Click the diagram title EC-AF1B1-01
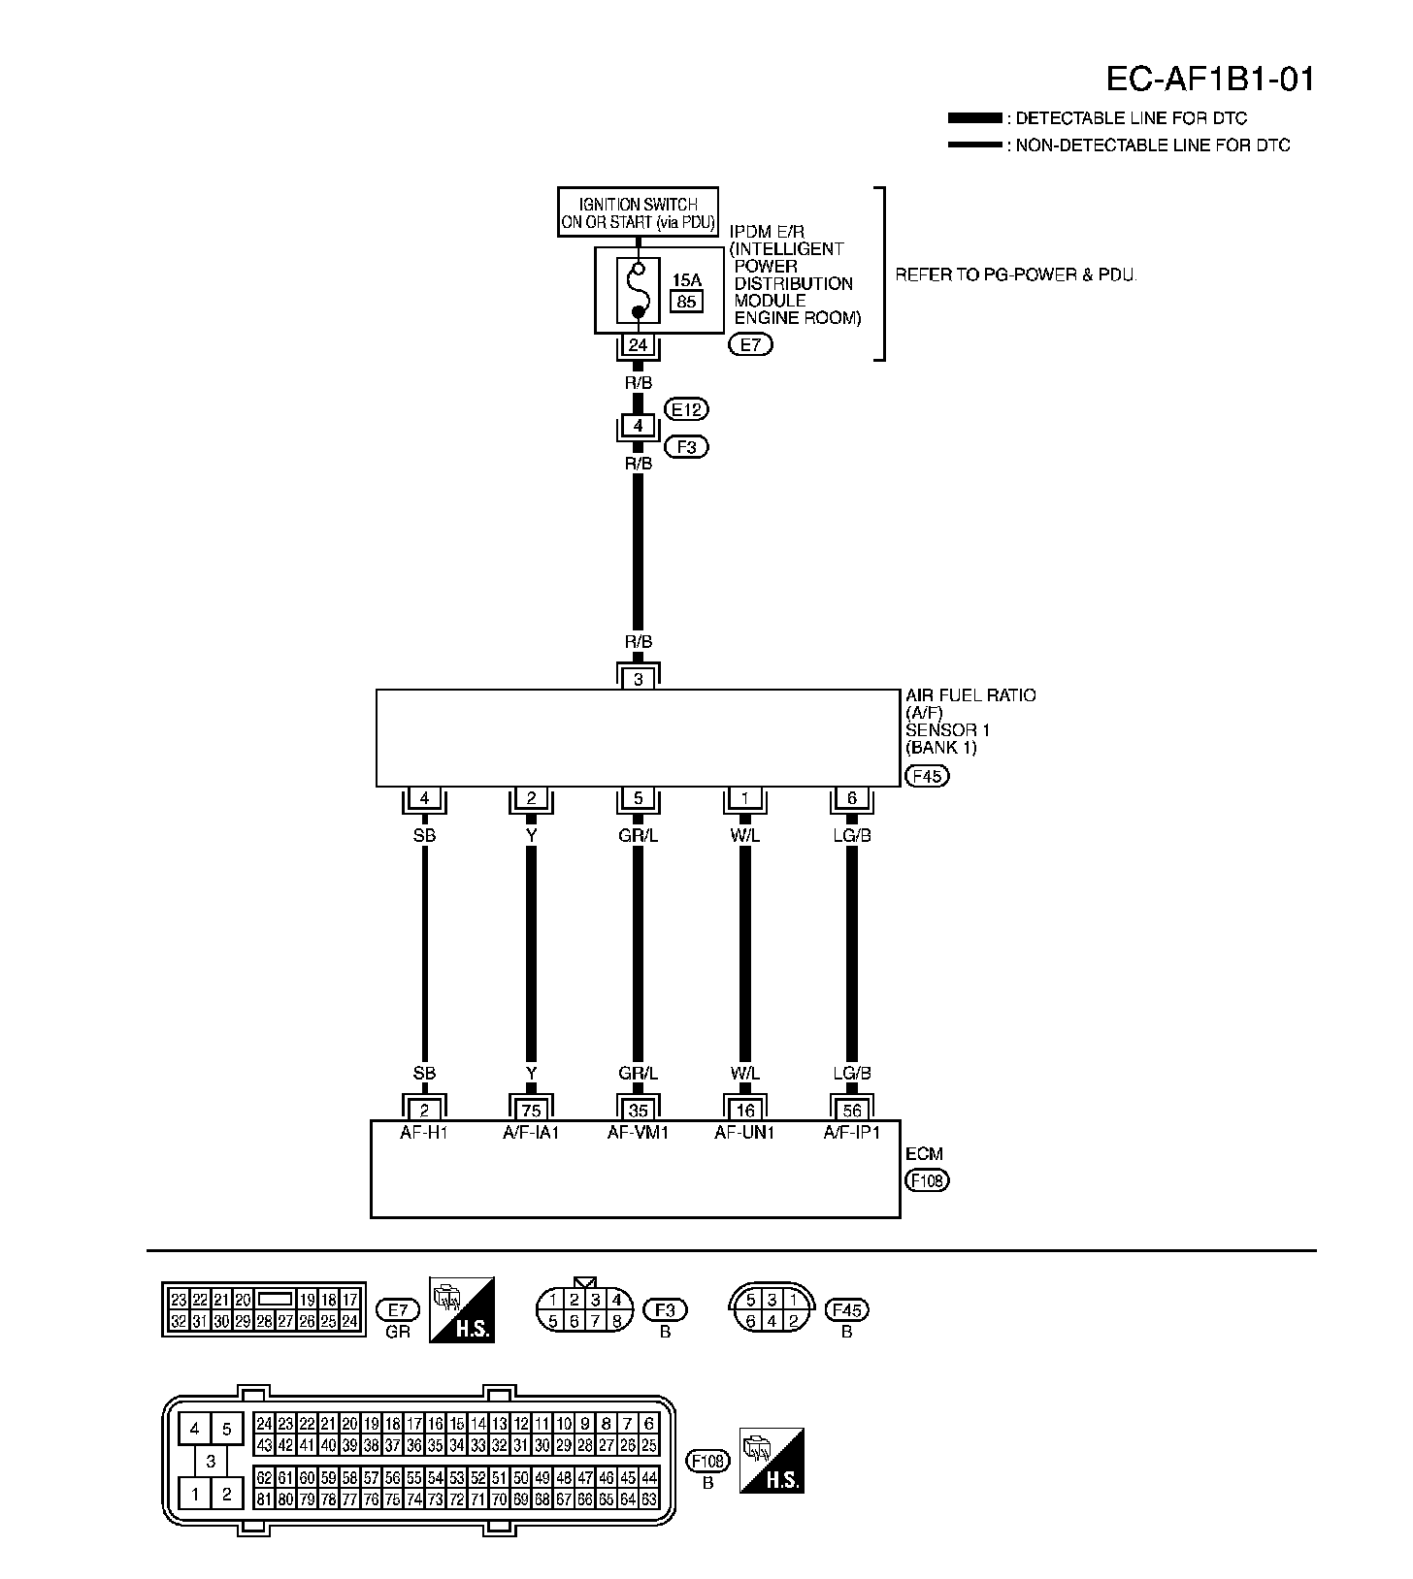coord(1210,80)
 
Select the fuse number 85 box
coord(686,302)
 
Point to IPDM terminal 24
coord(638,345)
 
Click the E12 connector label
coord(686,409)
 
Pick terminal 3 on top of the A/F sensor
coord(638,679)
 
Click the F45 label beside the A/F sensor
coord(926,776)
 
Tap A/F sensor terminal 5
coord(638,799)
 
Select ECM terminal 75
coord(531,1111)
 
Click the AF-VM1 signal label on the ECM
coord(638,1132)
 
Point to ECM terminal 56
coord(852,1111)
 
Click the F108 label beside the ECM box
coord(926,1180)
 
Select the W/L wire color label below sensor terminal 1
coord(745,835)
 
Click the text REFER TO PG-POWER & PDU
coord(1015,274)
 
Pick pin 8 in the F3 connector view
coord(616,1320)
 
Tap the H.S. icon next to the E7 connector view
coord(462,1309)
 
